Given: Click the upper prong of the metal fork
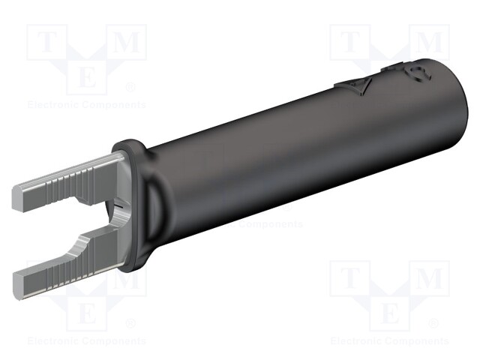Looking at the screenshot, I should coord(67,179).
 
